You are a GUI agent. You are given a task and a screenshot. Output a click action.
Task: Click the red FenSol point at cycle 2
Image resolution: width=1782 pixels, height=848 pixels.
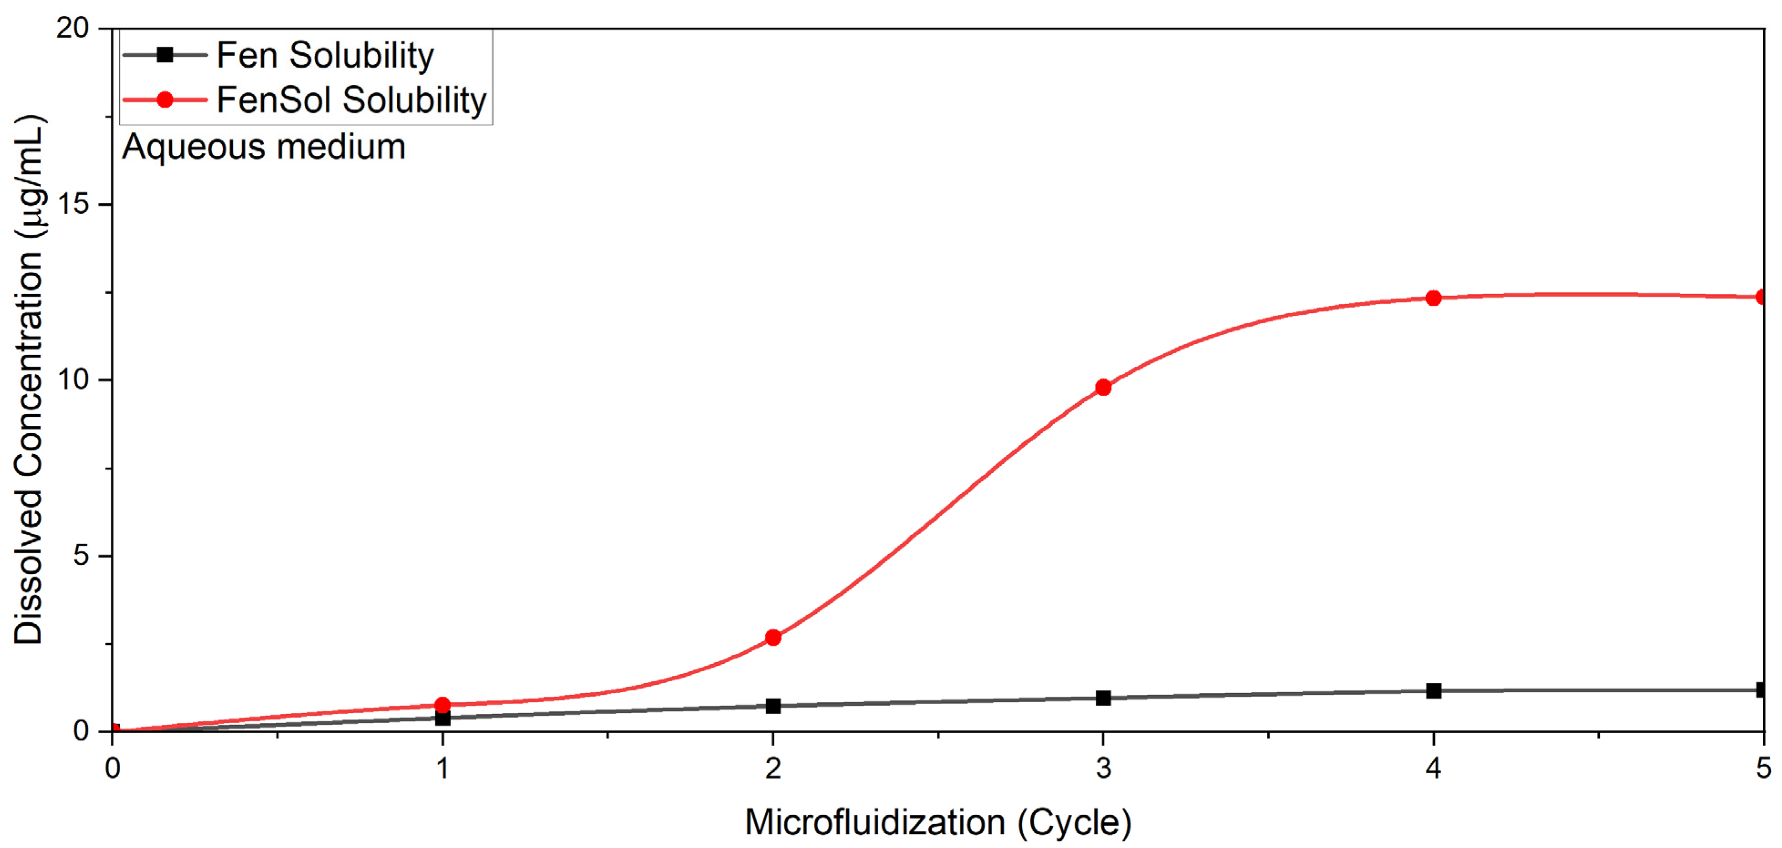tap(773, 637)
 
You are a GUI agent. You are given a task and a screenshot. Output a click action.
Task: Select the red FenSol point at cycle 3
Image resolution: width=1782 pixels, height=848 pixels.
tap(1103, 388)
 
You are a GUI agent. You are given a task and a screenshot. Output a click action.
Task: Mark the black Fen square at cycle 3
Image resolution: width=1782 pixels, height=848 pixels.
tap(1103, 698)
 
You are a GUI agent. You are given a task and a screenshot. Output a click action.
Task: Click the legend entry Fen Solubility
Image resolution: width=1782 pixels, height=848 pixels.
tap(325, 56)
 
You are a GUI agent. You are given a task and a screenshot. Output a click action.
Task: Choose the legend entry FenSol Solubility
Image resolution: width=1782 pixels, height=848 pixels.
tap(351, 100)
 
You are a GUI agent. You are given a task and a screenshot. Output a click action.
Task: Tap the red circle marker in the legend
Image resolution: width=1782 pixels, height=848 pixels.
tap(164, 100)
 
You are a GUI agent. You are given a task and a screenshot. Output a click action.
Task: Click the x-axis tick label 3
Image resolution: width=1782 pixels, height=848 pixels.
tap(1103, 768)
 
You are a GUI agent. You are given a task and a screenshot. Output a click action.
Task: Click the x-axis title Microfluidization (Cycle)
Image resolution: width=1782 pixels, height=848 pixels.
tap(937, 822)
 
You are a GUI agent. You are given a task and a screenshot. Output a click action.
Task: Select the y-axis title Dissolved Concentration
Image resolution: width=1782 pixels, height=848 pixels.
tap(29, 380)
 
